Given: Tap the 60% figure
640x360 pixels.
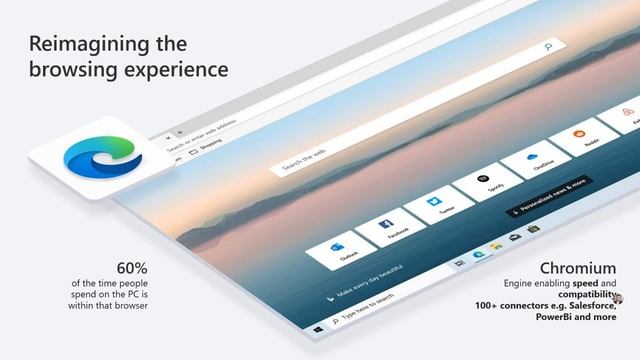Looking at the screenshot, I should (132, 268).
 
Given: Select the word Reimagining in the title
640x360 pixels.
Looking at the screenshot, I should (92, 44).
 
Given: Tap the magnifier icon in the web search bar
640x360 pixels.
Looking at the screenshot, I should (547, 46).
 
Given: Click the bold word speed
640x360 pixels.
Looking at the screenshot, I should (589, 284).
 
